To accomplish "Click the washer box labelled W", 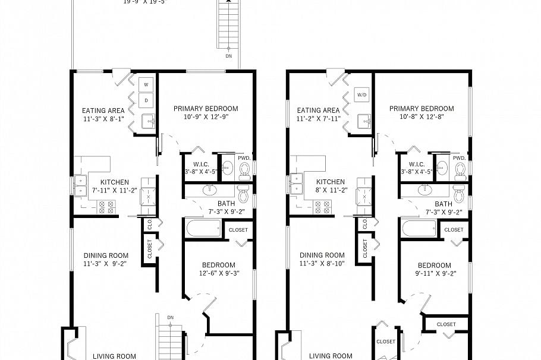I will [x=146, y=84].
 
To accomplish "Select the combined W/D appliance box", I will [x=362, y=95].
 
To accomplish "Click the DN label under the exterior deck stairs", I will [x=229, y=56].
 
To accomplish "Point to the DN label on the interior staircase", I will [x=170, y=317].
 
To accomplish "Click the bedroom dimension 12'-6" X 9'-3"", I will [x=219, y=274].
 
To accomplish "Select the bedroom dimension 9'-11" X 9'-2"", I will [x=434, y=274].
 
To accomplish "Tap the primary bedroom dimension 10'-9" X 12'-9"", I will [x=206, y=117].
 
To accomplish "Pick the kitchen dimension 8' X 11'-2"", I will [x=330, y=191].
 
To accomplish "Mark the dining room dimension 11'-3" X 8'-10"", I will [x=322, y=264].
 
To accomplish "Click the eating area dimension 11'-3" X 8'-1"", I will [x=103, y=119].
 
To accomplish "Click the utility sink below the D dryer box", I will [x=147, y=121].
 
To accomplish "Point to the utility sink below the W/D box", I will [x=364, y=121].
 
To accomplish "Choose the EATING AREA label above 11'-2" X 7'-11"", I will [x=318, y=110].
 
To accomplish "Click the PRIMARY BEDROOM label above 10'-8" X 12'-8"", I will [x=422, y=109].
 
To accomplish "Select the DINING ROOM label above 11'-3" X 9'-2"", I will [x=106, y=255].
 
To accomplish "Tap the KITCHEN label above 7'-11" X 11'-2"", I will [x=114, y=182].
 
